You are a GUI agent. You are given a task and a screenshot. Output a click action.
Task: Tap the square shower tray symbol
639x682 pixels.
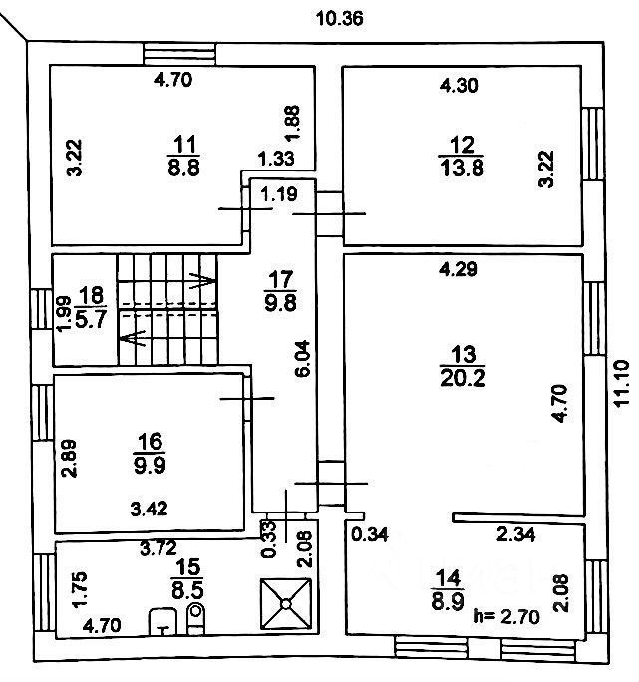[287, 604]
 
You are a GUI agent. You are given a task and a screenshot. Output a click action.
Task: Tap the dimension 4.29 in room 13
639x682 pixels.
[460, 268]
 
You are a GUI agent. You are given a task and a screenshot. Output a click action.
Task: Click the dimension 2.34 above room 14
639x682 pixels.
[518, 536]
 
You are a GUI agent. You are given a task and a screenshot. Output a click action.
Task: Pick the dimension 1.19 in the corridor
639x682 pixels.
[281, 195]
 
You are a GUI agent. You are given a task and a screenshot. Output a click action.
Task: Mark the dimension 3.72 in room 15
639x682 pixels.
[160, 547]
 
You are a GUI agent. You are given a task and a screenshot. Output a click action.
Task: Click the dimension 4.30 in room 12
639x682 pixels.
[460, 86]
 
